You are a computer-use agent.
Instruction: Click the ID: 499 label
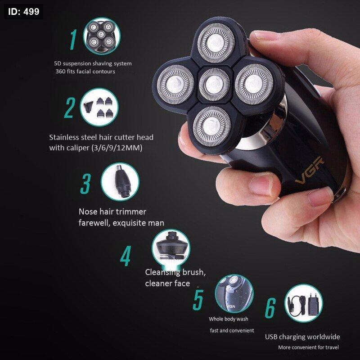pyautogui.click(x=24, y=12)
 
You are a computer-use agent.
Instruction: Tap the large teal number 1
pyautogui.click(x=73, y=40)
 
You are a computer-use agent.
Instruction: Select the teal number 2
pyautogui.click(x=70, y=108)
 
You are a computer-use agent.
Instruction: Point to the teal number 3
pyautogui.click(x=85, y=184)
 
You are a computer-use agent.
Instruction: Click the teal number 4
pyautogui.click(x=126, y=256)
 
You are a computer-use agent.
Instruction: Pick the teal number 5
pyautogui.click(x=198, y=300)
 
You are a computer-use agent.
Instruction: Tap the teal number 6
pyautogui.click(x=270, y=308)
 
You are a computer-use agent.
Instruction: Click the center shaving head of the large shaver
pyautogui.click(x=215, y=85)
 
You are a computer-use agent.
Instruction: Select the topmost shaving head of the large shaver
pyautogui.click(x=216, y=43)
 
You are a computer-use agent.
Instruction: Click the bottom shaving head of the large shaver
pyautogui.click(x=211, y=126)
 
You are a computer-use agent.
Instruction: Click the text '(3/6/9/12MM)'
pyautogui.click(x=117, y=148)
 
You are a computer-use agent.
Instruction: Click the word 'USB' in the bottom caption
pyautogui.click(x=271, y=337)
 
